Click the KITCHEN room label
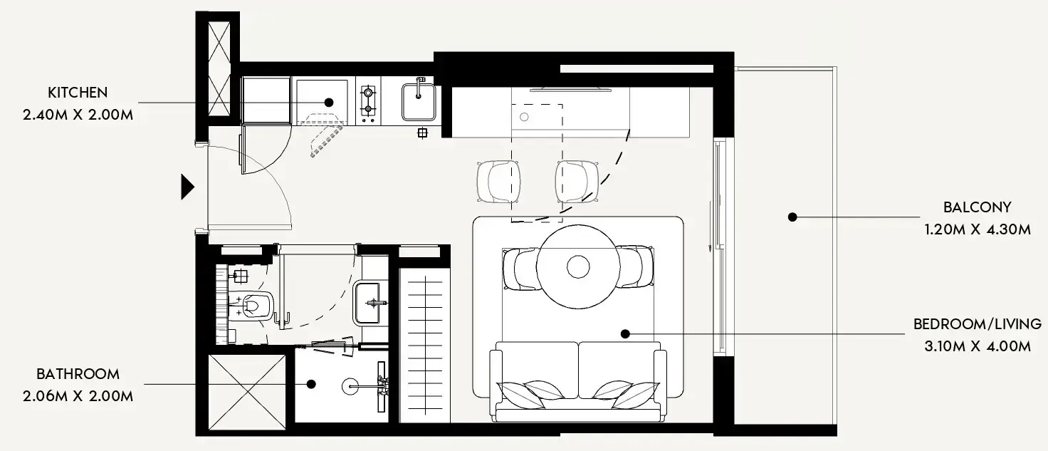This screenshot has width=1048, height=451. (78, 93)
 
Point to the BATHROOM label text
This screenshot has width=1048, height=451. (78, 374)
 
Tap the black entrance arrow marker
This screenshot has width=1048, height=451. (187, 187)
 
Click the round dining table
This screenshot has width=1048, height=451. (577, 266)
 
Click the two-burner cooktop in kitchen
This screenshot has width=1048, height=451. (368, 100)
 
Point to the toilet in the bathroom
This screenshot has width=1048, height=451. (253, 305)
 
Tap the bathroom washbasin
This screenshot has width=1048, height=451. (370, 301)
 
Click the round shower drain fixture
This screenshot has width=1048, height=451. (351, 386)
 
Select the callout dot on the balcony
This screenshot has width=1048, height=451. (791, 217)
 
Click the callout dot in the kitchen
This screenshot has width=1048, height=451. (329, 103)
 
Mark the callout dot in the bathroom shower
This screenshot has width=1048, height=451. (311, 384)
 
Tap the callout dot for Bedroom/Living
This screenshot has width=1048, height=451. (624, 333)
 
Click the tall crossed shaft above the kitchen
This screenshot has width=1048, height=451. (217, 68)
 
